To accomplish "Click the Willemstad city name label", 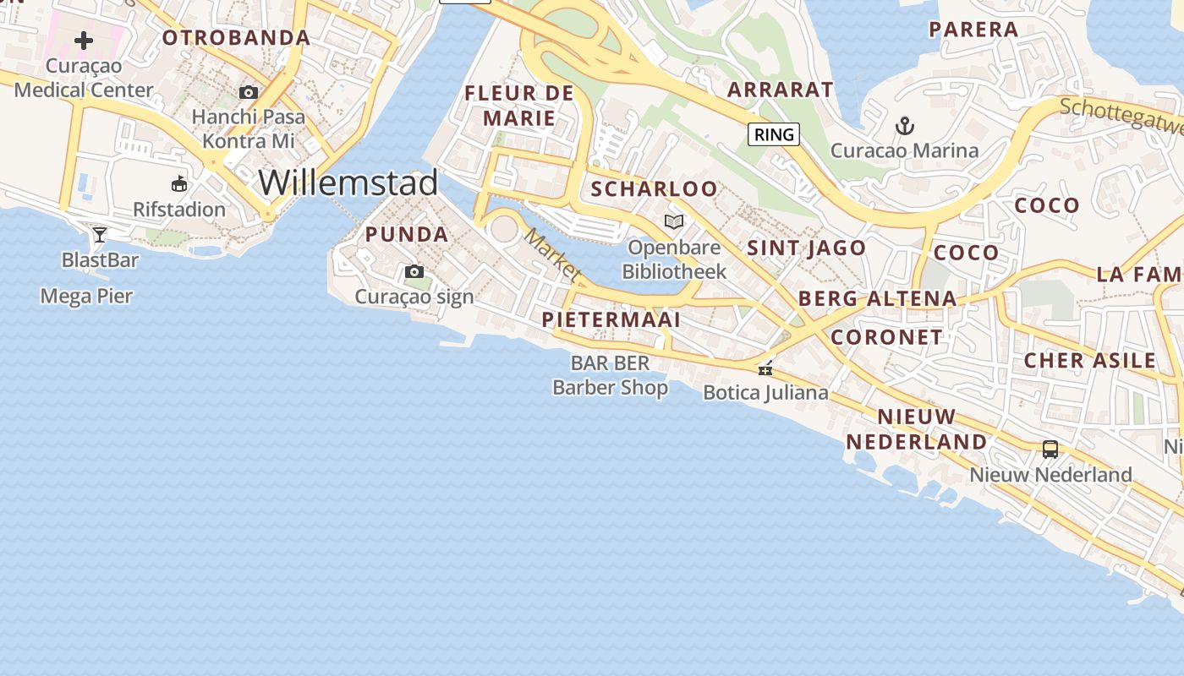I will coord(348,183).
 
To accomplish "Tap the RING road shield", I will coord(774,134).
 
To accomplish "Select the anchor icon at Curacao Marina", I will coord(905,127).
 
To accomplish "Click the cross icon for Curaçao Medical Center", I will coord(84,40).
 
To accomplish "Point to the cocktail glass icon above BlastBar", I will coord(100,234).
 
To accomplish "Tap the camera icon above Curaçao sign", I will coord(414,271).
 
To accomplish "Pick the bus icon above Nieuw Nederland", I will coord(1050,450).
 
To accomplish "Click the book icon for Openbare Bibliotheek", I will coord(674,222).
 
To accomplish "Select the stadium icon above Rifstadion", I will coord(179,184).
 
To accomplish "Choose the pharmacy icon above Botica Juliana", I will coord(765,368).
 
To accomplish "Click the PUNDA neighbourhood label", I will coord(407,235).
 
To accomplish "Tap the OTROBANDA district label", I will coord(236,37).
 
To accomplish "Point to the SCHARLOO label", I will coord(655,188).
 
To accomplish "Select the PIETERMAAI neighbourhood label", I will coord(611,319).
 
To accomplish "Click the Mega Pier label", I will coord(87,296).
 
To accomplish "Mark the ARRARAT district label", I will coord(781,89).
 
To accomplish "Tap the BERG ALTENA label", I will coord(877,298).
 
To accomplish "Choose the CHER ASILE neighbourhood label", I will coord(1089,361).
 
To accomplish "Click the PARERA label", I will coord(973,30).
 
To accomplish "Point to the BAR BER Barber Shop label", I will coord(610,375).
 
